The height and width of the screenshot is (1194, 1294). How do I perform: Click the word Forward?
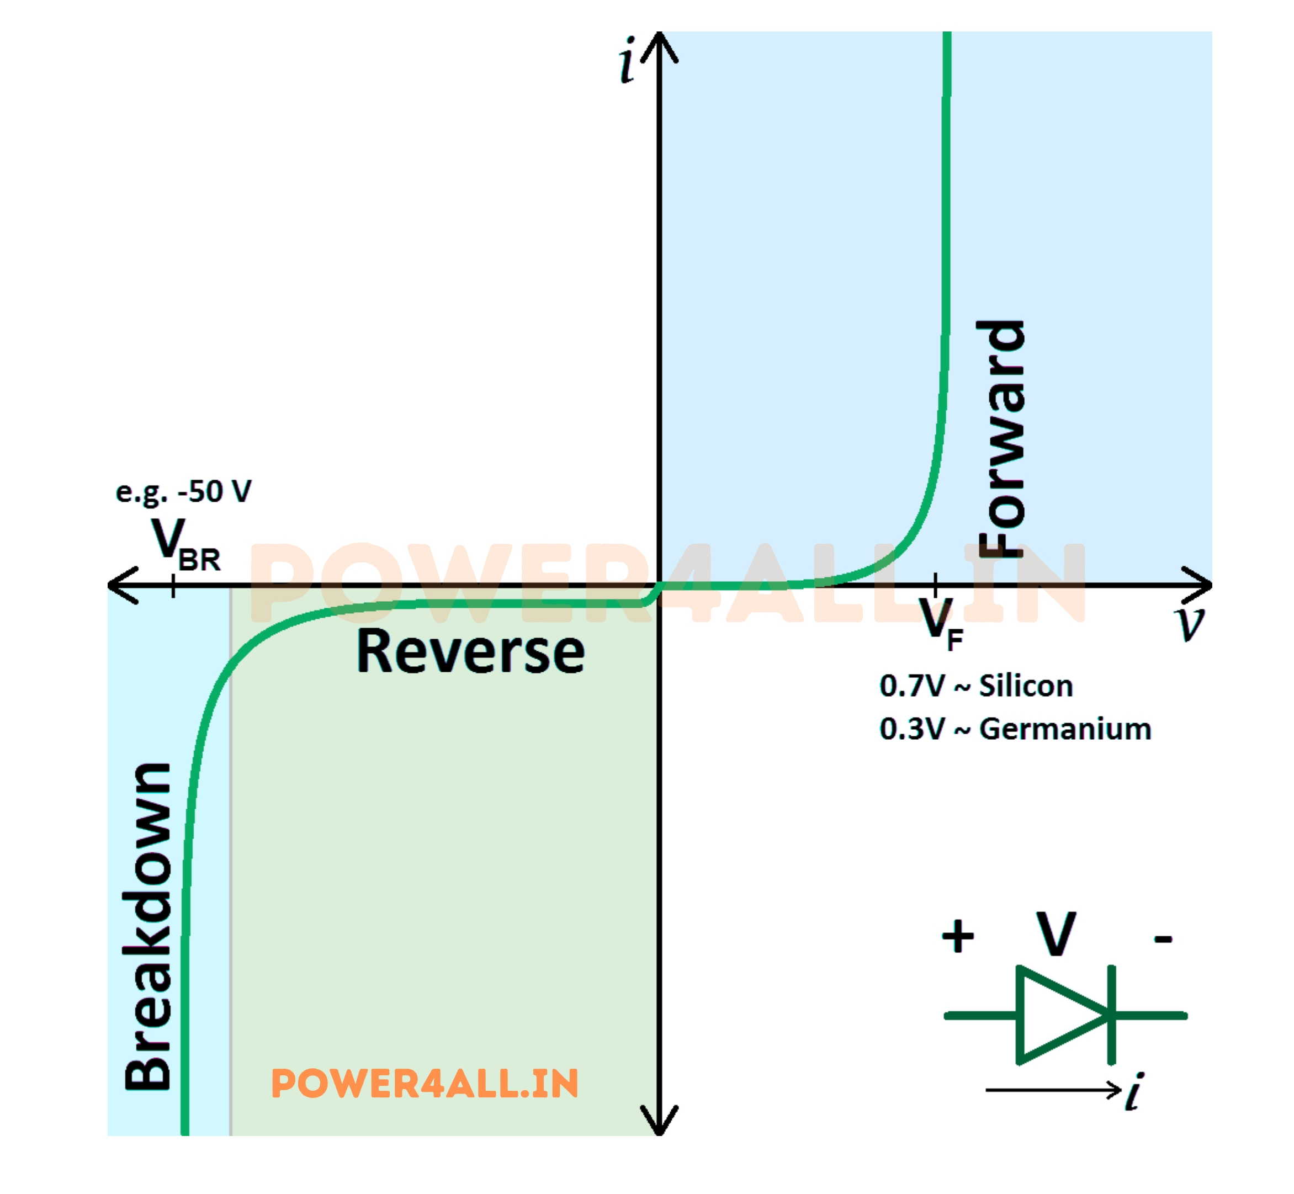point(1001,439)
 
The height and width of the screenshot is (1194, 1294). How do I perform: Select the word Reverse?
point(470,652)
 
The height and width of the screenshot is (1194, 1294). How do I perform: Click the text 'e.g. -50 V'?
point(183,492)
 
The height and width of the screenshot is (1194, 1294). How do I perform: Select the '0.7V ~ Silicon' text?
point(975,686)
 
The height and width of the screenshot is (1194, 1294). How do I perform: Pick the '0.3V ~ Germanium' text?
point(1015,729)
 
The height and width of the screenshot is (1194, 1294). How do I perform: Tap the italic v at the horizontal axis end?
point(1189,623)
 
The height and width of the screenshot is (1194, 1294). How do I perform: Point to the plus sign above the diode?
point(957,936)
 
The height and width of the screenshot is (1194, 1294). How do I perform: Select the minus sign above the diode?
point(1163,939)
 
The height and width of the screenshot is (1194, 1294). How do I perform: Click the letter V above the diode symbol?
point(1056,933)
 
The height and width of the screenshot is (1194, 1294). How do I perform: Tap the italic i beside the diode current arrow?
point(1134,1092)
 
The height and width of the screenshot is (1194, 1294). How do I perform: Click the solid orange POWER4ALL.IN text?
point(425,1084)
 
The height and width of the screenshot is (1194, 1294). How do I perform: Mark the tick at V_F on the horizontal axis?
point(936,584)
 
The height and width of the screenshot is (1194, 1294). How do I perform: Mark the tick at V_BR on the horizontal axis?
point(173,585)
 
